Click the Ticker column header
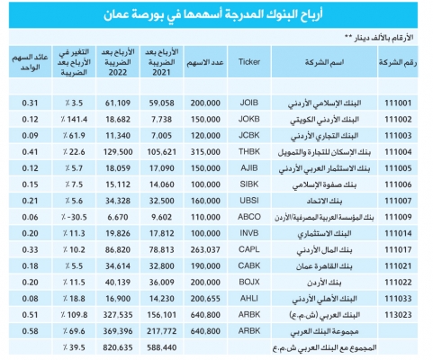click(249, 62)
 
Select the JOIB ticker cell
click(249, 103)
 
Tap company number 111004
click(398, 152)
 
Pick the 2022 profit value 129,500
click(118, 152)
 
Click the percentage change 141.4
click(74, 120)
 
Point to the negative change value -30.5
click(74, 217)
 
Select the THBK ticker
click(249, 152)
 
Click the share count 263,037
click(205, 249)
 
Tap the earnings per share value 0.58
click(30, 331)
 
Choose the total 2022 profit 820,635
click(118, 347)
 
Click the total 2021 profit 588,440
click(162, 347)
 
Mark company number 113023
click(398, 315)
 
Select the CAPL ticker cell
click(249, 249)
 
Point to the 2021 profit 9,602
click(162, 217)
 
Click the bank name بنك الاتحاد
click(324, 201)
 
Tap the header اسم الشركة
click(324, 62)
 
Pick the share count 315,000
click(205, 152)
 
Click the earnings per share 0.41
click(30, 152)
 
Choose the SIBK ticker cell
click(249, 184)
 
